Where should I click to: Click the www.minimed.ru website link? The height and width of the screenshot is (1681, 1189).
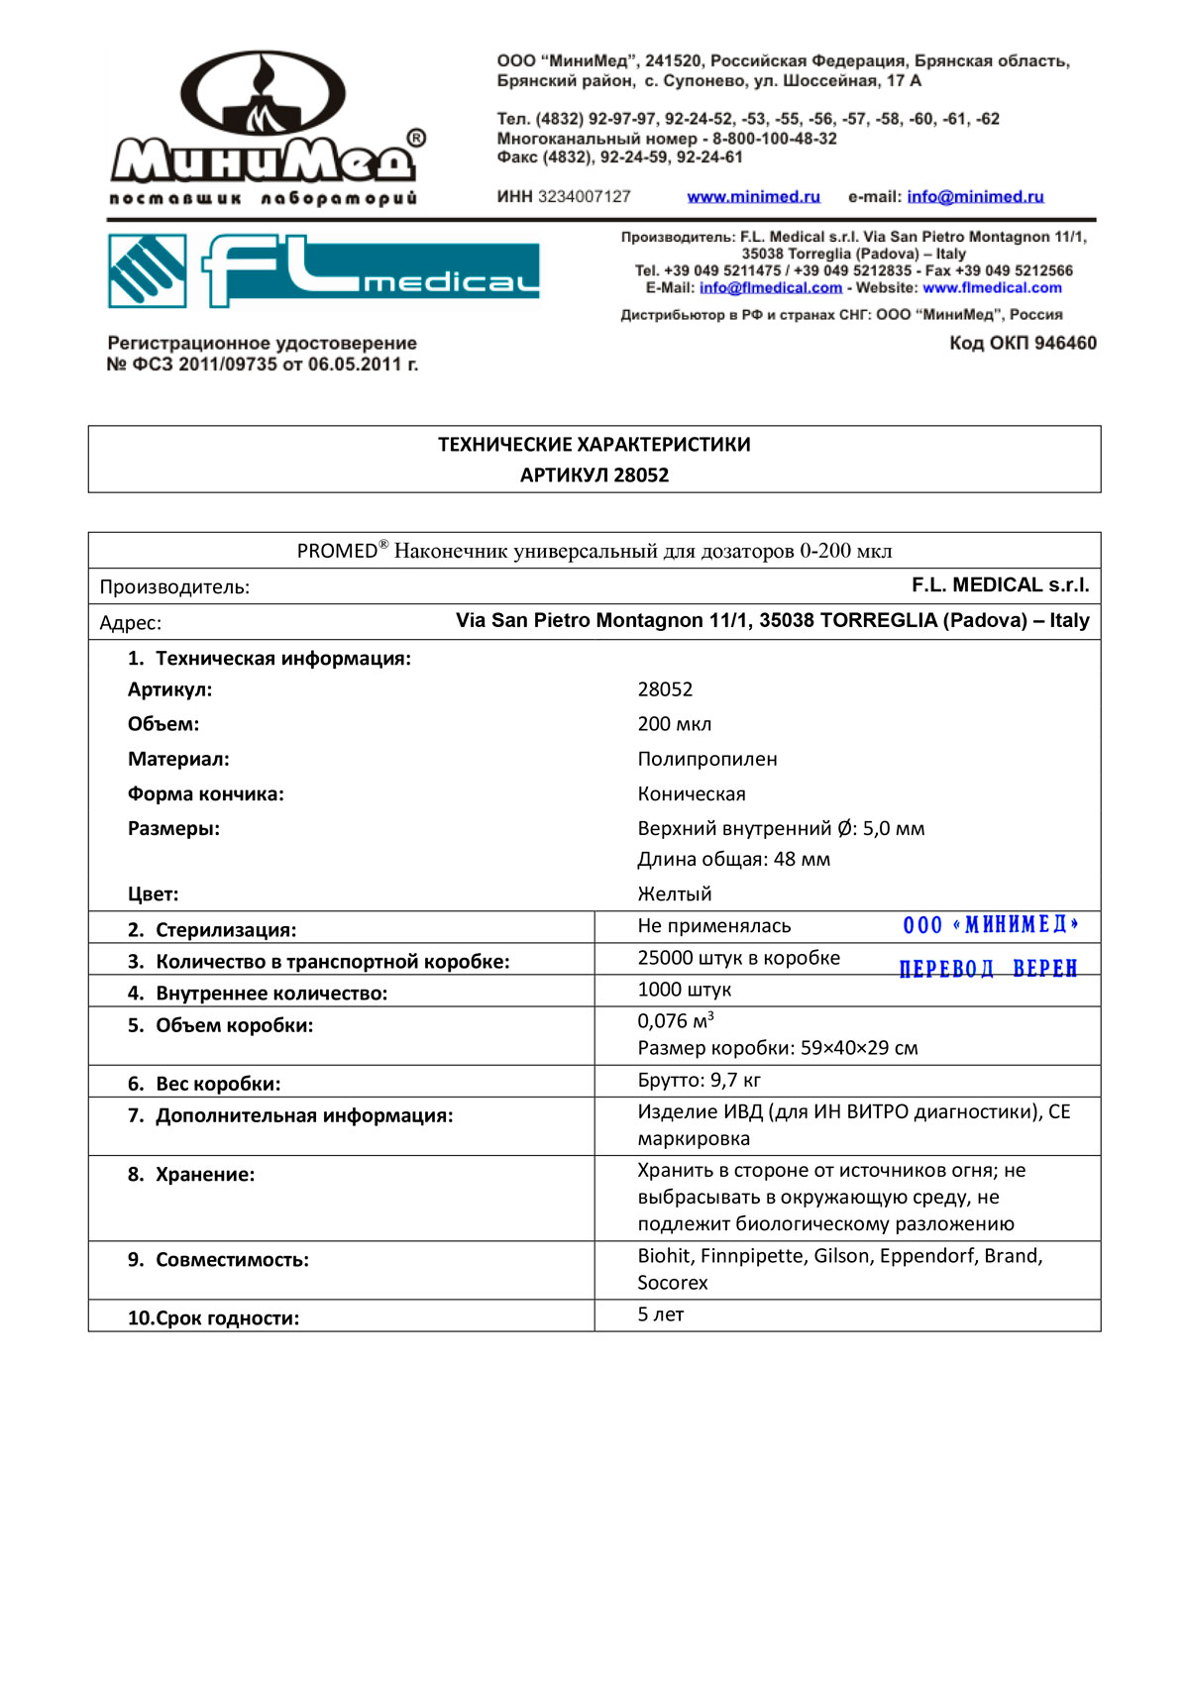(753, 197)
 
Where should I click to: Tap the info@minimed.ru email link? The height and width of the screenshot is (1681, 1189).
(975, 197)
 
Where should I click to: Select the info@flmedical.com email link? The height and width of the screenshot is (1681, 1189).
(770, 288)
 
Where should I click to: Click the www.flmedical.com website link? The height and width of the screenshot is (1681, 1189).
(992, 288)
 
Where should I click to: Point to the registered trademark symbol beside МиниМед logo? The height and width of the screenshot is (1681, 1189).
(417, 139)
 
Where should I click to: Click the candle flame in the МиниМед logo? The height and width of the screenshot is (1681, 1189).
(263, 79)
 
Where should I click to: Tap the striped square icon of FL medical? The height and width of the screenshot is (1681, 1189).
(147, 270)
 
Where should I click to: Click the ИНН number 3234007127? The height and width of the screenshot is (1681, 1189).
(584, 197)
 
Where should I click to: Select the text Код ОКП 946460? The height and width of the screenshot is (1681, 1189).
(1023, 344)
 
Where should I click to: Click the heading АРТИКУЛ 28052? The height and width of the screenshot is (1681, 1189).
(594, 475)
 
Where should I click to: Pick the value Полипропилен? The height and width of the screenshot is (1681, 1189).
(706, 760)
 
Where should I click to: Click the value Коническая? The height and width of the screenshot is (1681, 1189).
(691, 794)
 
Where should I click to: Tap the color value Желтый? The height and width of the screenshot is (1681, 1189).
(674, 894)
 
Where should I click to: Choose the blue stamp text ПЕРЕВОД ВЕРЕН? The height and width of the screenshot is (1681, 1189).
(988, 969)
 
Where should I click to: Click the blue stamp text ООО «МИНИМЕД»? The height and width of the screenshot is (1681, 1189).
(990, 925)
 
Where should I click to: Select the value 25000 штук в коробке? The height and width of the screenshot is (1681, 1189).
(738, 958)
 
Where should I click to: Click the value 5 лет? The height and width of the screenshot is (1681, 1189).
(660, 1314)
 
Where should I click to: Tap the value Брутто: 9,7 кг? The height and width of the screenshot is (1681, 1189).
(699, 1081)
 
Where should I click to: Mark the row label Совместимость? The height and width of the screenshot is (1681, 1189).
(232, 1260)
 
